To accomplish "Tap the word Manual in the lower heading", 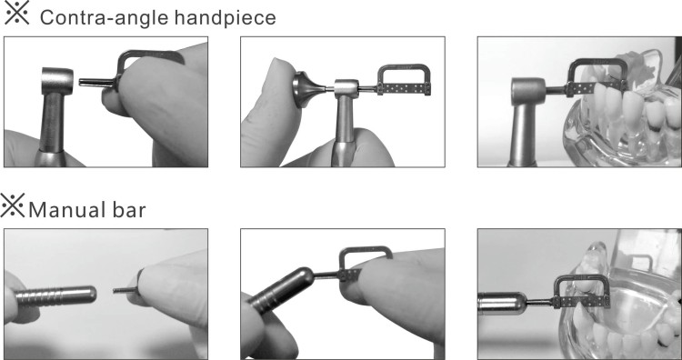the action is click(x=62, y=210).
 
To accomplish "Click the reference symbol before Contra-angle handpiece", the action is click(x=16, y=13).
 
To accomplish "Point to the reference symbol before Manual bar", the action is click(x=13, y=205).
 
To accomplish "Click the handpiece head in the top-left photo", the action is click(x=57, y=80).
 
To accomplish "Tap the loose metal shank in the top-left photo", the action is click(x=96, y=82).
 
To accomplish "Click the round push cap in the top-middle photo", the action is click(x=304, y=90).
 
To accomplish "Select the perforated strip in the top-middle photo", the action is click(x=404, y=89).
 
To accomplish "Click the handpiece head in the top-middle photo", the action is click(x=346, y=90).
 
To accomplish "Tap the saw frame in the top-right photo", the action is click(x=597, y=62).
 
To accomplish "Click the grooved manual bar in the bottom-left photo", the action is click(x=56, y=295).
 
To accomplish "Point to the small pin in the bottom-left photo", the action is click(x=125, y=290).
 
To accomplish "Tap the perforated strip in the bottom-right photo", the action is click(x=581, y=302).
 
